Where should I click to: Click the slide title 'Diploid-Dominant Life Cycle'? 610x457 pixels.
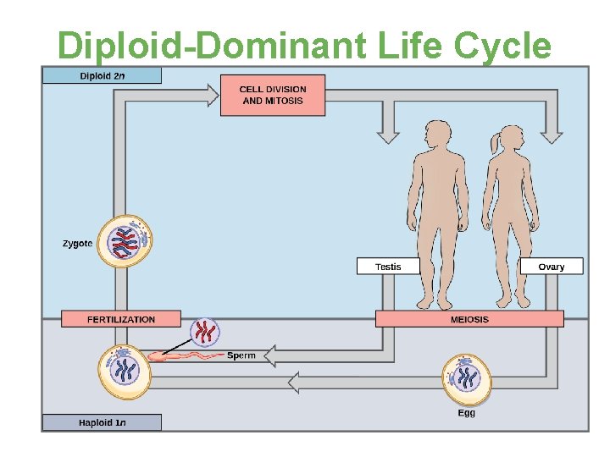pyautogui.click(x=304, y=45)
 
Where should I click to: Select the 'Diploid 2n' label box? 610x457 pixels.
pyautogui.click(x=102, y=75)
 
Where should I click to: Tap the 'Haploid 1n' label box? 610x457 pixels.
pyautogui.click(x=102, y=421)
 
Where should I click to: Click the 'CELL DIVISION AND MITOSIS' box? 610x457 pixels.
pyautogui.click(x=272, y=95)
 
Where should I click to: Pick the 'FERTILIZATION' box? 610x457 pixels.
pyautogui.click(x=120, y=319)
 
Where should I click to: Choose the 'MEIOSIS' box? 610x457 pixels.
pyautogui.click(x=469, y=319)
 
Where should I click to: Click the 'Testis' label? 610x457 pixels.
pyautogui.click(x=388, y=267)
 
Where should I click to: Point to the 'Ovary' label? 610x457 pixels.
pyautogui.click(x=551, y=267)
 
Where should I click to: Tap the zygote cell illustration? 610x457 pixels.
pyautogui.click(x=125, y=241)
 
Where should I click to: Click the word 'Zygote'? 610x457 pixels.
pyautogui.click(x=77, y=244)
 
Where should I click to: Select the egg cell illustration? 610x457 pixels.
pyautogui.click(x=466, y=378)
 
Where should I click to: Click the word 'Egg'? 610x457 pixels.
pyautogui.click(x=467, y=413)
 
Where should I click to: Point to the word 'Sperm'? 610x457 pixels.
pyautogui.click(x=241, y=356)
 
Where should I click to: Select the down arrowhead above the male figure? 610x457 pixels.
pyautogui.click(x=388, y=135)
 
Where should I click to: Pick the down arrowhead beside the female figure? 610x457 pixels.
pyautogui.click(x=552, y=135)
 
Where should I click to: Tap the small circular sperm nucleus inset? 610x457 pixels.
pyautogui.click(x=203, y=332)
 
